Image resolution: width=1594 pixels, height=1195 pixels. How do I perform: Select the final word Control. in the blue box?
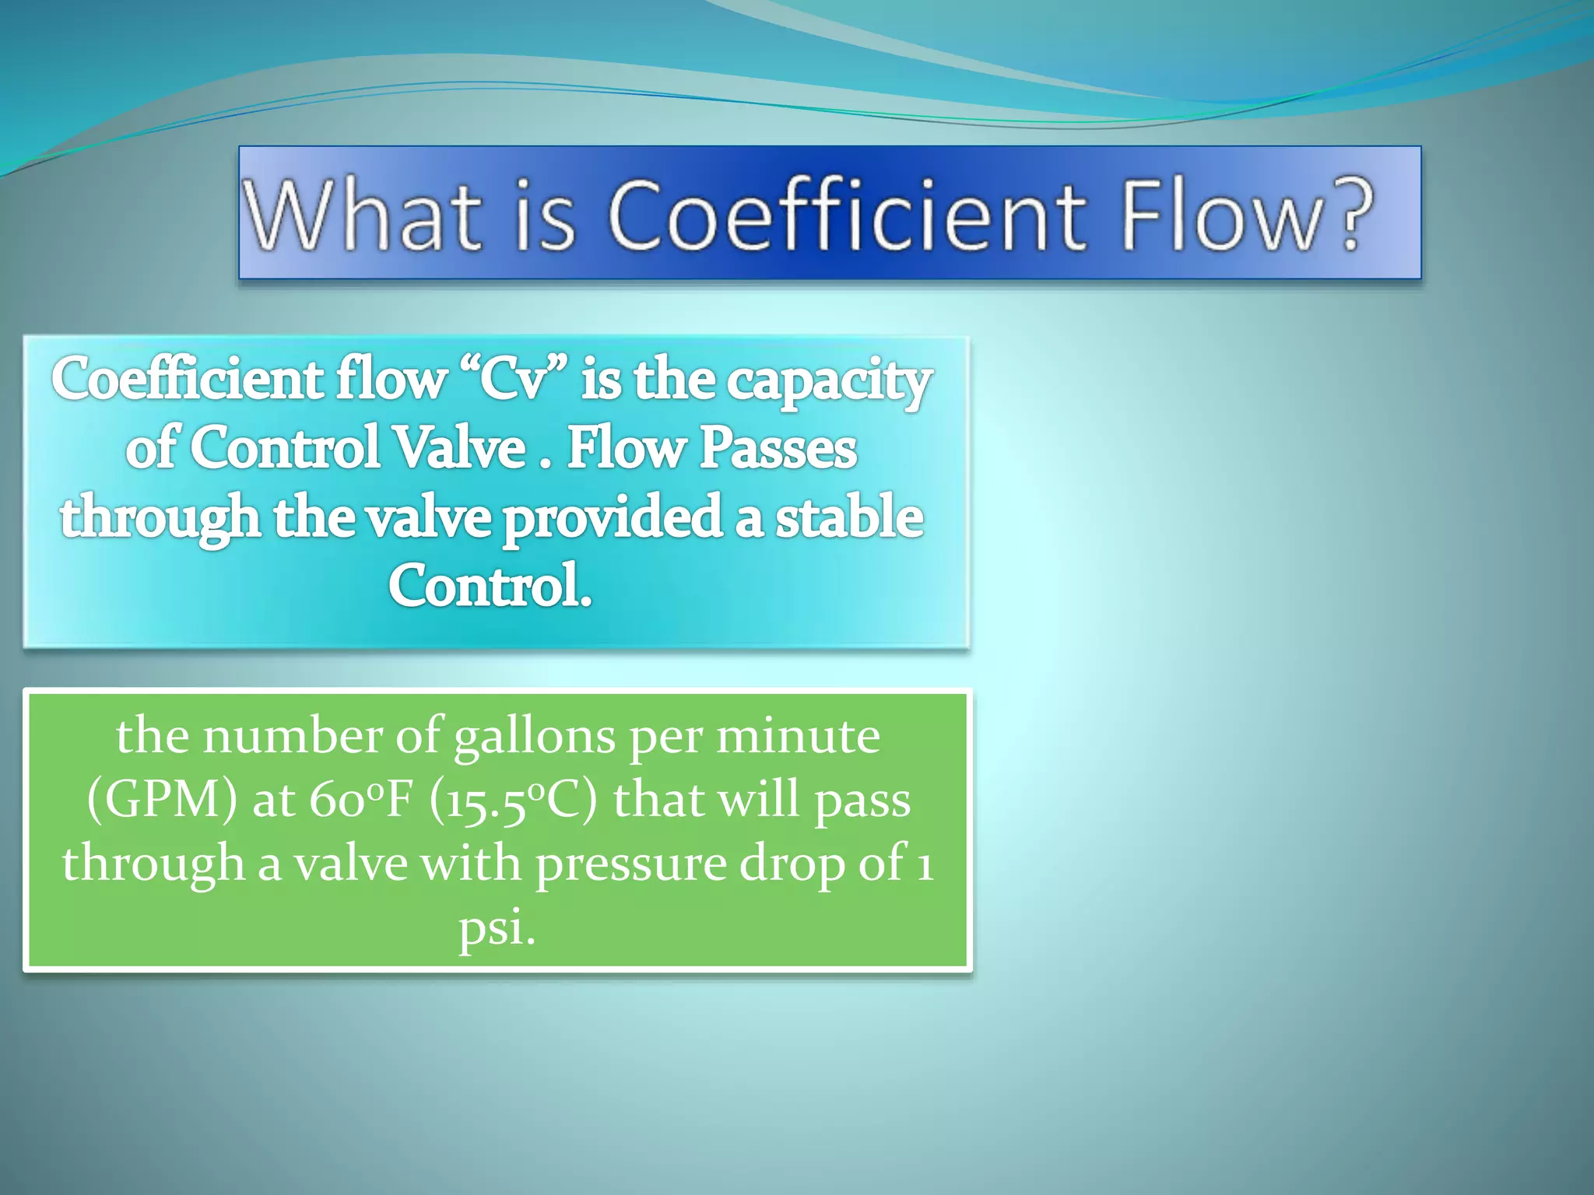click(x=490, y=586)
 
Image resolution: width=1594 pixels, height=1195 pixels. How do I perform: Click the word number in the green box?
click(x=293, y=736)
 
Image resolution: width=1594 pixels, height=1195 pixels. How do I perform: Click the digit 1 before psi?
click(x=925, y=864)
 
